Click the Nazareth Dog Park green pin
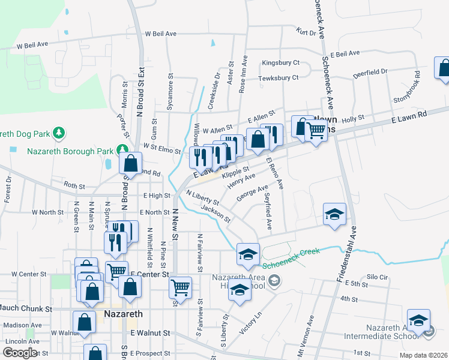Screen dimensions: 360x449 [58, 132]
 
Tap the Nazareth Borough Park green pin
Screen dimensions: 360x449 [122, 149]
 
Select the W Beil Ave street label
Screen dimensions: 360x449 [32, 45]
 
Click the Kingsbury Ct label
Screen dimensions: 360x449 [280, 63]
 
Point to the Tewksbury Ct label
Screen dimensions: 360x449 [278, 78]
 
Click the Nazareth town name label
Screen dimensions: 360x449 [123, 314]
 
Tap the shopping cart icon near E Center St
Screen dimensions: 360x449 [180, 288]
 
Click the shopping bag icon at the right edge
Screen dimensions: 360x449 [444, 68]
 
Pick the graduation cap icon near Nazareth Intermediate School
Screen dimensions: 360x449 [418, 320]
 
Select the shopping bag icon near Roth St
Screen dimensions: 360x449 [130, 163]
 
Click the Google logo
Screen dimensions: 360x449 [19, 352]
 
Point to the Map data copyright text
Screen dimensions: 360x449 [423, 355]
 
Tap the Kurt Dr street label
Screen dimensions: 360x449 [306, 32]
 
